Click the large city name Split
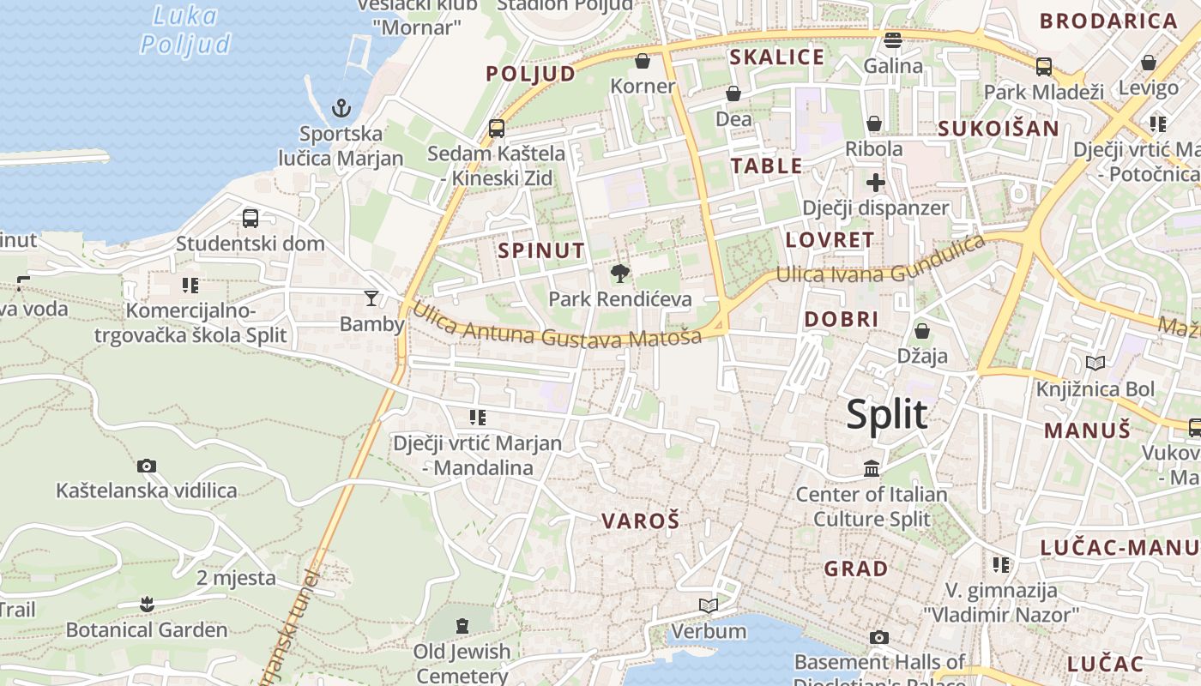tap(887, 415)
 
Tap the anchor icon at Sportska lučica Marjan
tap(341, 108)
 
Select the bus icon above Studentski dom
tap(250, 218)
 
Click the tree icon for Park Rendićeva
tap(619, 274)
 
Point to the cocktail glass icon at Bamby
tap(371, 298)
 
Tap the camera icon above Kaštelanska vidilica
tap(147, 466)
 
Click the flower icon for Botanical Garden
tap(147, 605)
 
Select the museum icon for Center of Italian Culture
tap(872, 468)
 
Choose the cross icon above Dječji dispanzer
tap(875, 183)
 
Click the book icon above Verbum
tap(709, 606)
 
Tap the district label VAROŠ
tap(640, 521)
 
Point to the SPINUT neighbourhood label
tap(541, 251)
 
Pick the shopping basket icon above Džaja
tap(922, 330)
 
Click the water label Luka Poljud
tap(186, 30)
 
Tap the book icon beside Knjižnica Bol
tap(1095, 363)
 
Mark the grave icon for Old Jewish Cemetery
tap(462, 626)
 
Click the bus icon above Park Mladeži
tap(1044, 66)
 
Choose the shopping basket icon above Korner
tap(643, 61)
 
